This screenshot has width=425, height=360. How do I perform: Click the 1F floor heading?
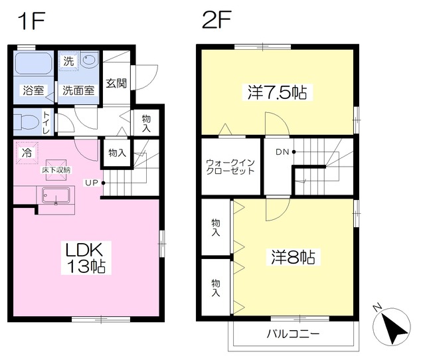tap(31, 21)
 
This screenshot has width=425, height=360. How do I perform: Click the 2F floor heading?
tap(216, 19)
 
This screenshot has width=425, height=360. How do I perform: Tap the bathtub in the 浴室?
tap(34, 63)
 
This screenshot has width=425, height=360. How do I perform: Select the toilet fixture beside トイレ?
tap(26, 122)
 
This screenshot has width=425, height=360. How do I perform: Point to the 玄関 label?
tap(116, 83)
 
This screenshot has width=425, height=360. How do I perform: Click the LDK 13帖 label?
tap(86, 258)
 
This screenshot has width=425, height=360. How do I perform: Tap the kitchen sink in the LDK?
tap(56, 195)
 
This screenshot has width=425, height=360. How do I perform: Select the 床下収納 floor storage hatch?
tap(56, 170)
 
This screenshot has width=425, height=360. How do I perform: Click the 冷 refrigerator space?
tap(27, 153)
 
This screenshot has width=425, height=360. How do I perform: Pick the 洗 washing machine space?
tap(68, 61)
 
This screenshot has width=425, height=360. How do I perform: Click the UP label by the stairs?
tap(92, 183)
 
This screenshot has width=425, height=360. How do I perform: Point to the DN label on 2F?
tap(282, 152)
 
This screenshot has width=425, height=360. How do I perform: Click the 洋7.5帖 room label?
tap(277, 92)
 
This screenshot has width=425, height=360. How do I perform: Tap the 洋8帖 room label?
tap(293, 257)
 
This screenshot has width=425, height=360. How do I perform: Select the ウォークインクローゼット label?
tap(230, 167)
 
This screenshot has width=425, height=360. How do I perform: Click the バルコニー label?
tap(293, 333)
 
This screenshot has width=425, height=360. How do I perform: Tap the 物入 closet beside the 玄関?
tap(146, 122)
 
